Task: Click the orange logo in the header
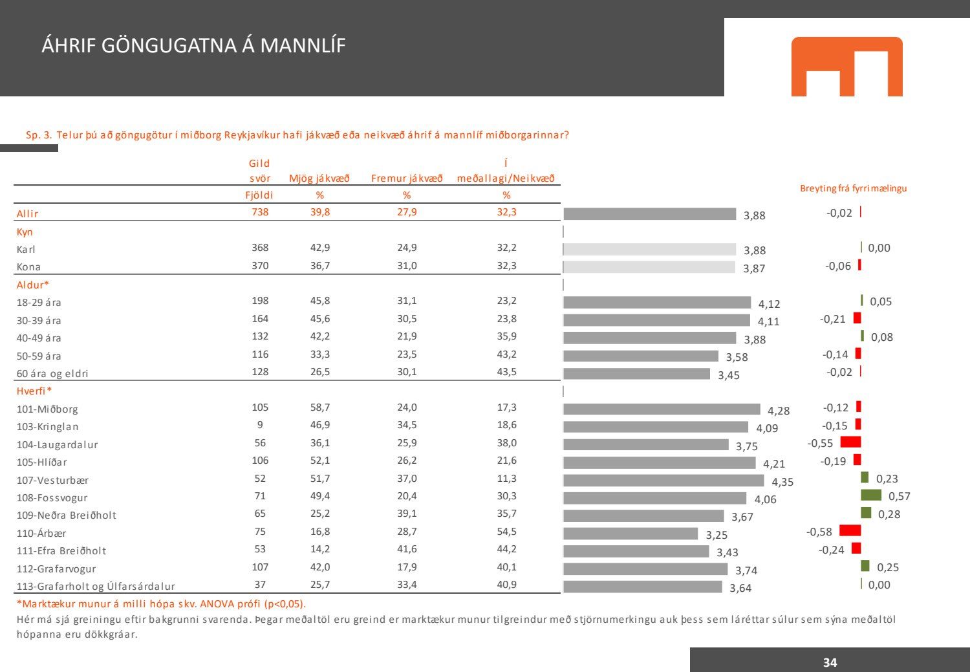point(846,66)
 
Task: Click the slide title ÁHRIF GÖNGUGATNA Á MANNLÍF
point(193,46)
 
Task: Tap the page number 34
point(830,662)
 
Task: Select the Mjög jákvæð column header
point(319,179)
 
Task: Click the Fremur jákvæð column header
point(407,179)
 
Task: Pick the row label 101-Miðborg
point(47,409)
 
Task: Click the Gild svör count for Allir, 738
point(260,212)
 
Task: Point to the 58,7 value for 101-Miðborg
point(320,407)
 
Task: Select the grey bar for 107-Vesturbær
point(663,481)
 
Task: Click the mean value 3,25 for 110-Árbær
point(717,535)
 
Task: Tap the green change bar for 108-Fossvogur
point(870,495)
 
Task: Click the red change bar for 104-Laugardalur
point(850,442)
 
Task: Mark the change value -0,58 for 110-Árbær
point(819,532)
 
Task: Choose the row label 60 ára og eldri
point(52,373)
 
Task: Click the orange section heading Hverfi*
point(34,391)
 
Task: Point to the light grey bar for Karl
point(650,249)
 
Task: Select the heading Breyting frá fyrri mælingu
point(853,188)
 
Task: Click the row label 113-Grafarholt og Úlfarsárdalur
point(96,587)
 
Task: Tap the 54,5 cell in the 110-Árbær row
point(506,532)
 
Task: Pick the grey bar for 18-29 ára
point(657,303)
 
